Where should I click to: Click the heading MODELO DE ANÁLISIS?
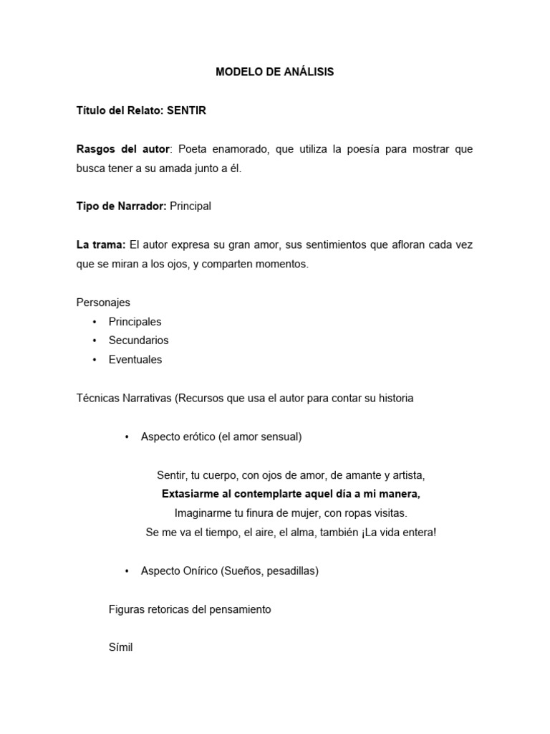(275, 72)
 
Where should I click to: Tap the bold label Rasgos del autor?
(123, 149)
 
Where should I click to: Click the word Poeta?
(192, 149)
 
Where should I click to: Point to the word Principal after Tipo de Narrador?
(190, 206)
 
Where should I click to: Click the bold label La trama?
(101, 245)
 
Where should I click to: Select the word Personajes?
(103, 302)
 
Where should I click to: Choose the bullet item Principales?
(135, 322)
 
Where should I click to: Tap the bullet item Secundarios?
(138, 340)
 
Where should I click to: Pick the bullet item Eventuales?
(135, 360)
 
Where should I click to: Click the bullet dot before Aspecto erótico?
(126, 437)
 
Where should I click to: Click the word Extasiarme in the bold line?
(188, 494)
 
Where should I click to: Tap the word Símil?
(121, 647)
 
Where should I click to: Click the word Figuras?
(127, 609)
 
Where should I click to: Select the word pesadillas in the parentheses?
(289, 571)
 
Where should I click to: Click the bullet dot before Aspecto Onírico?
(126, 571)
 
